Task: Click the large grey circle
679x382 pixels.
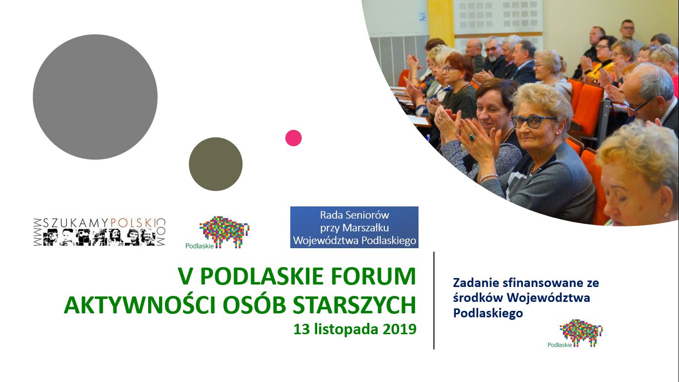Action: (x=95, y=97)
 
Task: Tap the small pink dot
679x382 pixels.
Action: (x=293, y=138)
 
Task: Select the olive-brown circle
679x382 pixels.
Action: (x=216, y=164)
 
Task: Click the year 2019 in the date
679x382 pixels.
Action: (x=400, y=329)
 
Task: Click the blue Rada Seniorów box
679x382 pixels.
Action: (x=354, y=227)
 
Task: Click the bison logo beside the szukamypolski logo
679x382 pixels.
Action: (x=218, y=232)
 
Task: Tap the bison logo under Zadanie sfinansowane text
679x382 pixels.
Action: (x=575, y=333)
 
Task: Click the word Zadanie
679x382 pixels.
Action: (x=476, y=283)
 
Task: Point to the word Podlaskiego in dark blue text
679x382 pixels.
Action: (x=488, y=313)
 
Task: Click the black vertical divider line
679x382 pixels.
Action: (x=434, y=300)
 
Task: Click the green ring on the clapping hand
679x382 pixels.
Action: (x=472, y=137)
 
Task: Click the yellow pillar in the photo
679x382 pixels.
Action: (x=441, y=23)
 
